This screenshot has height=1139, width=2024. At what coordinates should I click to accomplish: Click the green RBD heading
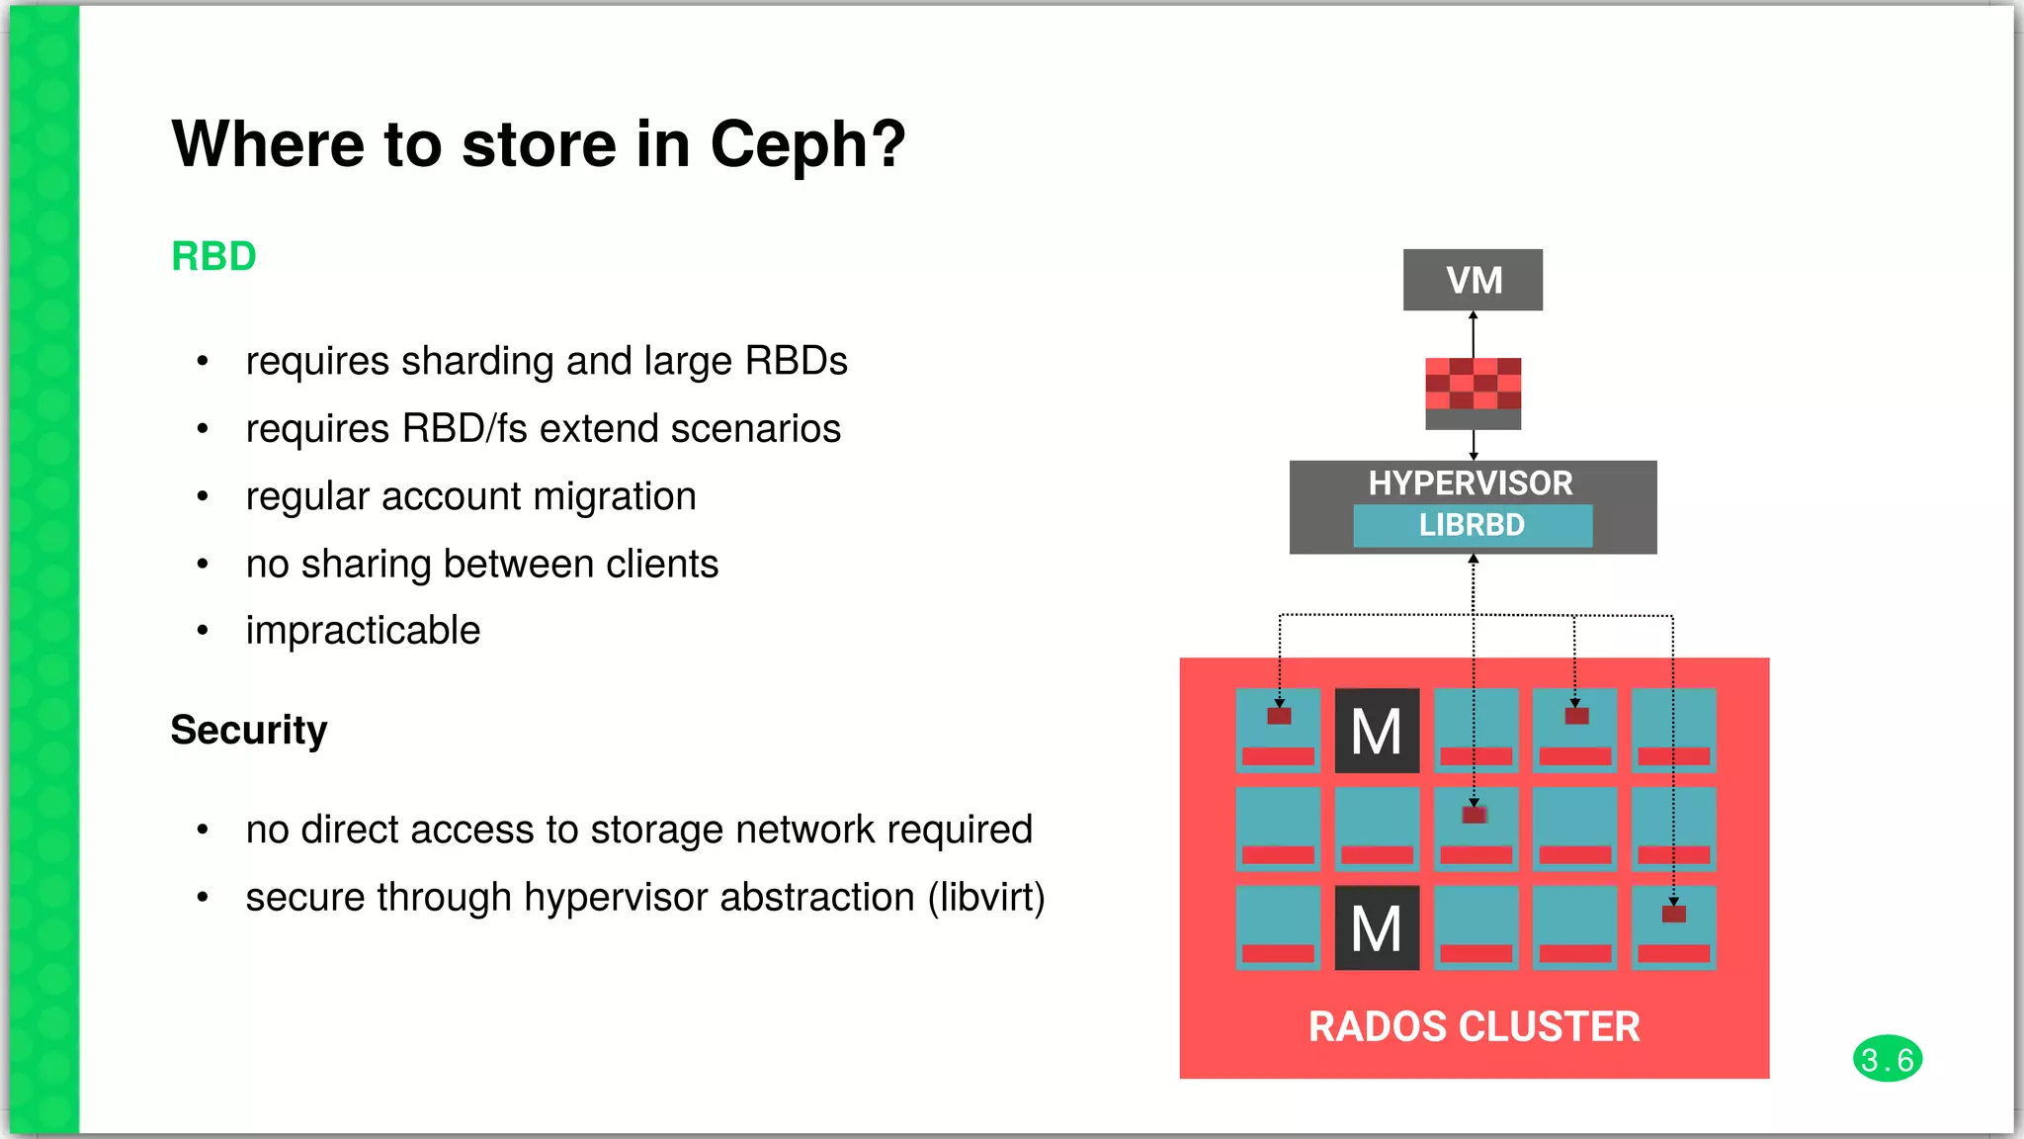(x=213, y=256)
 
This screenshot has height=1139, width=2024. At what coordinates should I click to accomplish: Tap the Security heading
(x=248, y=730)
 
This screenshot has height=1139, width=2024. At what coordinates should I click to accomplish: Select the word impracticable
(x=363, y=631)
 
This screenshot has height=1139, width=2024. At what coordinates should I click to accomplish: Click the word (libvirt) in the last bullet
(x=985, y=898)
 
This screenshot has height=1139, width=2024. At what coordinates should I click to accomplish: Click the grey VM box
(x=1473, y=280)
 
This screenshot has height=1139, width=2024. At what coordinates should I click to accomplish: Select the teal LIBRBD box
(x=1473, y=525)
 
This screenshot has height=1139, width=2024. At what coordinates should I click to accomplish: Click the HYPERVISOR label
(x=1471, y=482)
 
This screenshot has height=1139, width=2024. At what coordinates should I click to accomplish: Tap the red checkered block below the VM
(x=1473, y=386)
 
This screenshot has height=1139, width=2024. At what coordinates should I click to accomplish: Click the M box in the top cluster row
(x=1377, y=731)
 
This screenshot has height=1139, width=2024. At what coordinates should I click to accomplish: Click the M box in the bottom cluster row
(x=1377, y=927)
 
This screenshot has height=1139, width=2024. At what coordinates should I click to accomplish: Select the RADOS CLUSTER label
(x=1474, y=1026)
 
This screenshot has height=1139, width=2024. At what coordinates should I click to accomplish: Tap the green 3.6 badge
(x=1887, y=1059)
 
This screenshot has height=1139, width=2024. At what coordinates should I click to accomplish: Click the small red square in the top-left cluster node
(x=1279, y=716)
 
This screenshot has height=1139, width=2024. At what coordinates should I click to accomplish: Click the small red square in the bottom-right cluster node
(x=1673, y=914)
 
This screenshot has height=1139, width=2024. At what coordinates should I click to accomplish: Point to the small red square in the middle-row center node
(x=1475, y=815)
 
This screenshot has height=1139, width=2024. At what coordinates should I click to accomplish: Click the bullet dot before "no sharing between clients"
(x=203, y=565)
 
